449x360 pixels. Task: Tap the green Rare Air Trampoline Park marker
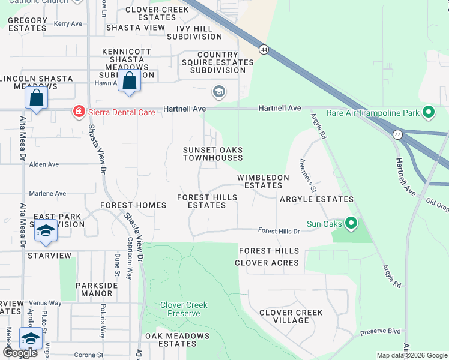pyautogui.click(x=428, y=112)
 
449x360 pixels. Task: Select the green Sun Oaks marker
pyautogui.click(x=351, y=224)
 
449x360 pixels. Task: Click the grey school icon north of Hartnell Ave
pyautogui.click(x=219, y=92)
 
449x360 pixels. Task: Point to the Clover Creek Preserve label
pyautogui.click(x=184, y=309)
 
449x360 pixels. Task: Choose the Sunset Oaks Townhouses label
pyautogui.click(x=212, y=154)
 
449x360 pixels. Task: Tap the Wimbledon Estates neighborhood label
pyautogui.click(x=263, y=182)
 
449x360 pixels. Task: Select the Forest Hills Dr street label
pyautogui.click(x=279, y=231)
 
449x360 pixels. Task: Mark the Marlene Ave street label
pyautogui.click(x=47, y=194)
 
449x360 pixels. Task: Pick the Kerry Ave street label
pyautogui.click(x=68, y=24)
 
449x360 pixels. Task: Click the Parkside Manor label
pyautogui.click(x=97, y=290)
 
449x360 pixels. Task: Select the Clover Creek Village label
pyautogui.click(x=291, y=316)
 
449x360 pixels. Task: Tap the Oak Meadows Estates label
pyautogui.click(x=177, y=340)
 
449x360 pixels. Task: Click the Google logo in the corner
pyautogui.click(x=20, y=353)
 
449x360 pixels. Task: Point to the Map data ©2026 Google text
pyautogui.click(x=411, y=355)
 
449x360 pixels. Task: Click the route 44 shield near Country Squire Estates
pyautogui.click(x=264, y=49)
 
